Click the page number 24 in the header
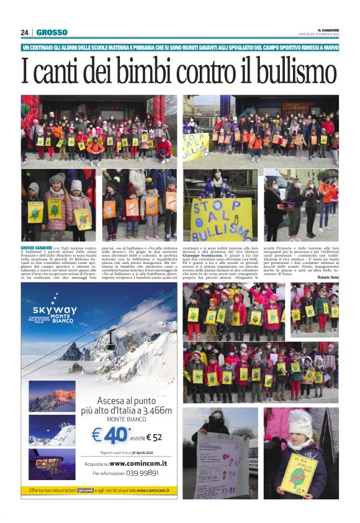pos(25,32)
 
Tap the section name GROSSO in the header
pos(52,32)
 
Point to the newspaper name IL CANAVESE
pos(328,29)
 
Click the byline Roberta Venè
pos(327,277)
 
